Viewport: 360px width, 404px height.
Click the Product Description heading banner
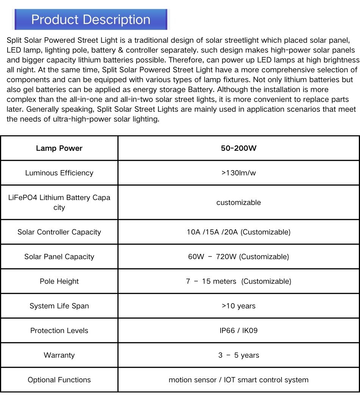tap(91, 20)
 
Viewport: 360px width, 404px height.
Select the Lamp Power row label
tap(59, 148)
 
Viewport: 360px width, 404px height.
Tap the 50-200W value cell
tap(238, 148)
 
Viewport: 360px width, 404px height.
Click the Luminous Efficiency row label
tap(59, 173)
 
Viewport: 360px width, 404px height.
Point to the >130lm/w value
tap(238, 173)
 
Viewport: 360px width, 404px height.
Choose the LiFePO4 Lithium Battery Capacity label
tap(59, 202)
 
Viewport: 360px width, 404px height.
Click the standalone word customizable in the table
tap(238, 202)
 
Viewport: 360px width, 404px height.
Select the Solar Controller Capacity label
tap(59, 232)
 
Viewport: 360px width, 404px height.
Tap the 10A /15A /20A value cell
tap(238, 232)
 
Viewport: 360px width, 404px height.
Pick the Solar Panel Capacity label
tap(59, 257)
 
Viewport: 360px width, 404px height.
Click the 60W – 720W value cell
tap(238, 257)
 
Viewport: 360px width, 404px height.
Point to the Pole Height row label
tap(59, 281)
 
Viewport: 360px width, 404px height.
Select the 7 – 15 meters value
tap(238, 281)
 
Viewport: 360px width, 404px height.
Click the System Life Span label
tap(59, 306)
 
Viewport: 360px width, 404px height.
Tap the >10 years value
tap(238, 306)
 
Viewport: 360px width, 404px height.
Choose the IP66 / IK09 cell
tap(238, 330)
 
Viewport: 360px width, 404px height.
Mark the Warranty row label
tap(59, 355)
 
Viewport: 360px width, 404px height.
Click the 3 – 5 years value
tap(238, 355)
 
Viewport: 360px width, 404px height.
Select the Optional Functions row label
tap(59, 380)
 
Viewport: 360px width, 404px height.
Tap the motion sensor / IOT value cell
tap(238, 380)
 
